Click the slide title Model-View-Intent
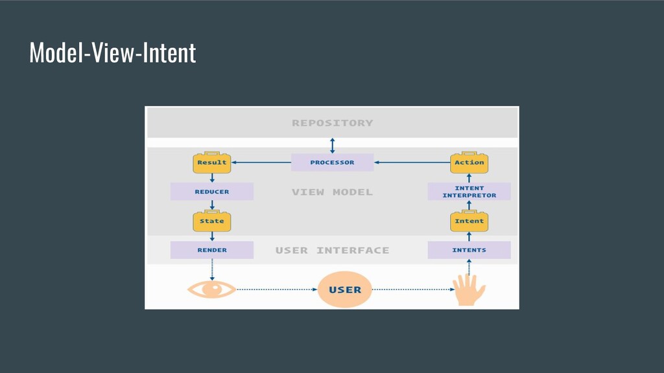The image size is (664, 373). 113,52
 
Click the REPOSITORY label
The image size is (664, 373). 333,123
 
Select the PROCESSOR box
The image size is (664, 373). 333,163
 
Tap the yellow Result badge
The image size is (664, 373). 212,163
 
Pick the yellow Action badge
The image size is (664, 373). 469,163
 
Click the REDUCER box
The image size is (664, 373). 212,192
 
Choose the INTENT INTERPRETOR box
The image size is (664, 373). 469,192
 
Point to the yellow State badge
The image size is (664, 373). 212,221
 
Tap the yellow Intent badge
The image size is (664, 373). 469,221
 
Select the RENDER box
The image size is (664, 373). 212,250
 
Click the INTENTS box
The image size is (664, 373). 469,250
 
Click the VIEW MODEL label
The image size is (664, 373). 333,192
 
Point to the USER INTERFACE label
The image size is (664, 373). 333,251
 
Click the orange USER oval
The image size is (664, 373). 345,289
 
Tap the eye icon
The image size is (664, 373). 212,289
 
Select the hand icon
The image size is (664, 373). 469,289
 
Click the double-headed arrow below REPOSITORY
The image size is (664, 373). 333,146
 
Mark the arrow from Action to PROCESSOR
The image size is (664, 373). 412,163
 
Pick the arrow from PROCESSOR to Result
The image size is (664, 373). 261,163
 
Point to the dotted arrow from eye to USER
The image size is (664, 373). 277,289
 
